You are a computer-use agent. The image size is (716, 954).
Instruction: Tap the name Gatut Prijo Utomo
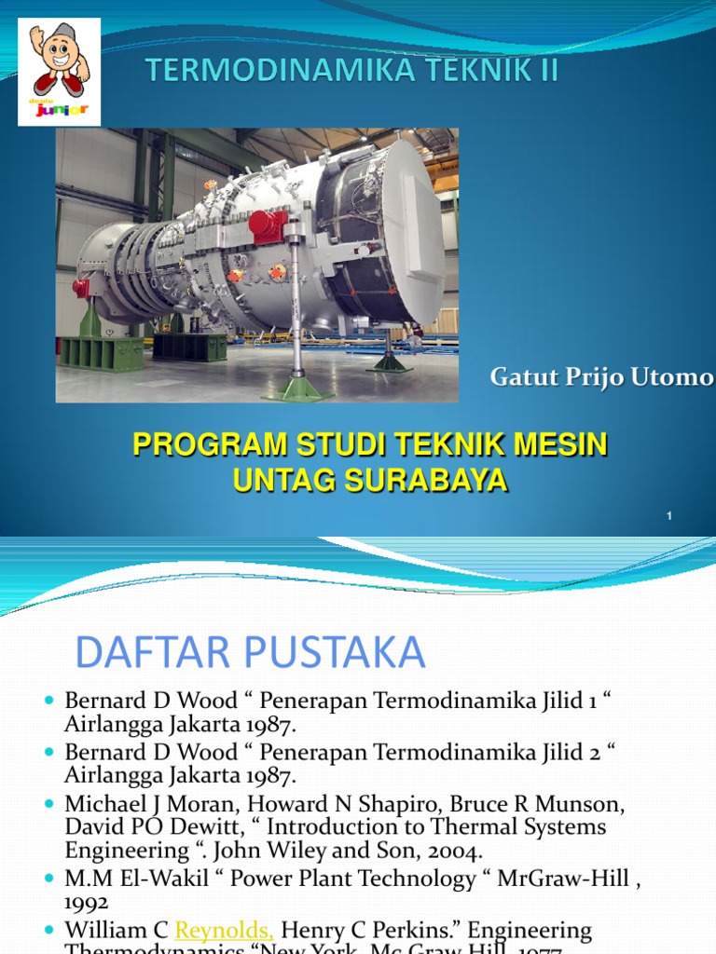[602, 377]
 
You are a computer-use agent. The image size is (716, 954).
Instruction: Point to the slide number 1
[669, 515]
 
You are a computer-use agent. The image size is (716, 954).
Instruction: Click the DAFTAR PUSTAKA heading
[250, 653]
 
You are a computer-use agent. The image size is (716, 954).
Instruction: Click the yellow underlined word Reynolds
[224, 930]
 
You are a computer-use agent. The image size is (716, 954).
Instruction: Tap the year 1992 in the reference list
[87, 902]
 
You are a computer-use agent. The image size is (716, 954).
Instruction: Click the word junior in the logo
[60, 110]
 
